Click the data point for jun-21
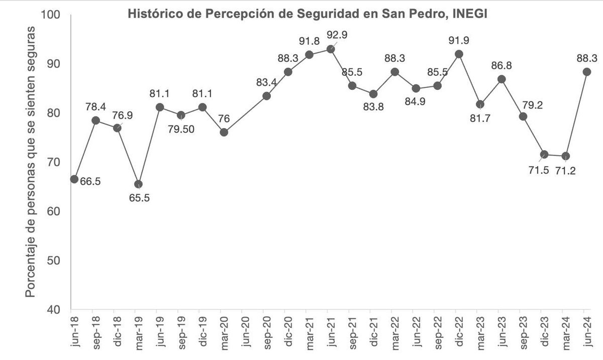click(x=331, y=49)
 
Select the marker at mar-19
click(x=138, y=184)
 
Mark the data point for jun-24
click(x=586, y=72)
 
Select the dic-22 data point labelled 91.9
click(x=458, y=54)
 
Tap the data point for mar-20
click(x=224, y=132)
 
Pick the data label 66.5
click(x=90, y=181)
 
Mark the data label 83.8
click(x=372, y=107)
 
